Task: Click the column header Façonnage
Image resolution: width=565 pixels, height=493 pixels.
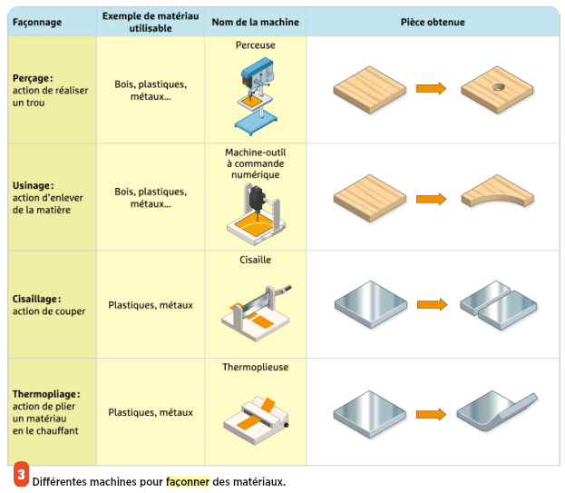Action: click(x=37, y=22)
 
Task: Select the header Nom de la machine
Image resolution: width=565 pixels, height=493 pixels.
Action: click(x=255, y=22)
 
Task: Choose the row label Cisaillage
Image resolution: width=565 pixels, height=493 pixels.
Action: click(x=37, y=299)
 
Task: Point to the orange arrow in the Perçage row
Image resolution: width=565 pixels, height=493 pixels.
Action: click(x=431, y=89)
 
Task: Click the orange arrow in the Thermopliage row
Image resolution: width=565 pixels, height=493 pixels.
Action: click(x=431, y=414)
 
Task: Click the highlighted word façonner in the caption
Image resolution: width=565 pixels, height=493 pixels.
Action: click(x=187, y=481)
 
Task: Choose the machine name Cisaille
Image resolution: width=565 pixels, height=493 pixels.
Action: click(x=255, y=260)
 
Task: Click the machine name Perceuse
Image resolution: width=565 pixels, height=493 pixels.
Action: click(x=255, y=44)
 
